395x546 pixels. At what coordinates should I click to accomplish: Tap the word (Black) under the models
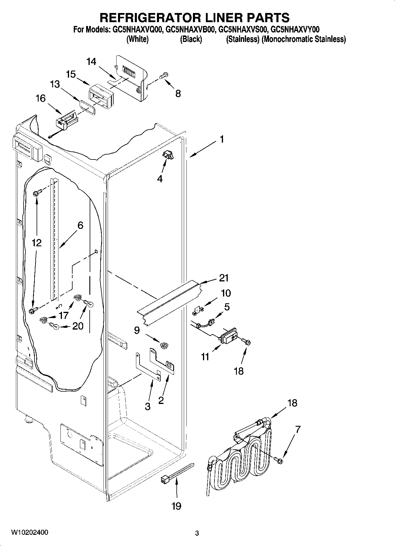point(191,39)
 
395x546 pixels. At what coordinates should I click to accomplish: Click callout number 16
point(41,98)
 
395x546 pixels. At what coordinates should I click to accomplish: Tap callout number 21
point(224,278)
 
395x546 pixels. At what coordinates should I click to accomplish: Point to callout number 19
point(176,506)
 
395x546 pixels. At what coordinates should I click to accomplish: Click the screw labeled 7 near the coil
point(278,459)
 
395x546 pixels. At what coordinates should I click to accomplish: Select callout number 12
point(37,243)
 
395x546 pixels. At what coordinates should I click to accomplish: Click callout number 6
point(80,225)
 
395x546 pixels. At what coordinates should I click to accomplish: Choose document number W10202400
point(29,532)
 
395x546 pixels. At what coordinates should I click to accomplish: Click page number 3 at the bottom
point(197,533)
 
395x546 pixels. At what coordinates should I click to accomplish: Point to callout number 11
point(205,357)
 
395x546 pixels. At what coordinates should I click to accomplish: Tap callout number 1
point(222,139)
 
